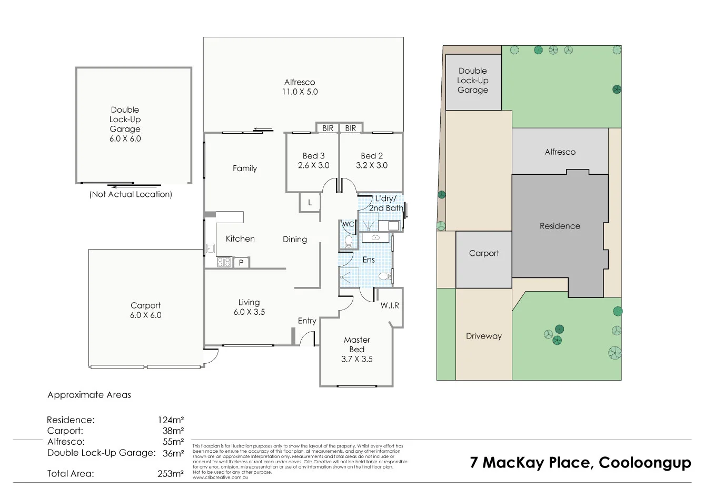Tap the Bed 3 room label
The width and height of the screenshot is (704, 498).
[x=313, y=156]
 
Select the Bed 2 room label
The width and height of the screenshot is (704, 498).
[x=372, y=156]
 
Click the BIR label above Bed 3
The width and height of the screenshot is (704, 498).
[x=328, y=128]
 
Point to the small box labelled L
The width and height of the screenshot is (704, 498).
[x=310, y=203]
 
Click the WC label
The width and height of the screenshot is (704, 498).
[x=348, y=224]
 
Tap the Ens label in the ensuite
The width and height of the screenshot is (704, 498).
[x=369, y=260]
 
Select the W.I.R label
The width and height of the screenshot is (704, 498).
[x=390, y=305]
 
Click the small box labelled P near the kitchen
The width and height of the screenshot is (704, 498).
[x=241, y=262]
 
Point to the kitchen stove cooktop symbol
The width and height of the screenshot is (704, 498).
[x=224, y=262]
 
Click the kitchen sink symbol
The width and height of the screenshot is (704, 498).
[x=210, y=248]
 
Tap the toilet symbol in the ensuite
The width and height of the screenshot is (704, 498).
[x=385, y=276]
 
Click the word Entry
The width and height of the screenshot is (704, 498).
[x=307, y=321]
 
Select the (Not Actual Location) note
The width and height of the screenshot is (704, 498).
[x=131, y=194]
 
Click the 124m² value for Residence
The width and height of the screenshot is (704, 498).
[x=171, y=420]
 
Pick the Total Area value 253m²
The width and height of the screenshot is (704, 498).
[x=171, y=473]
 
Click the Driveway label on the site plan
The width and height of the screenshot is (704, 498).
[x=483, y=336]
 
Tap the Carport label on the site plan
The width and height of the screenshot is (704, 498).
[x=483, y=253]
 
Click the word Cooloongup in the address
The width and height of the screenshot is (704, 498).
[x=645, y=463]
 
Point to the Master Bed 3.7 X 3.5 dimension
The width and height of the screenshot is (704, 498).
[x=356, y=359]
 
